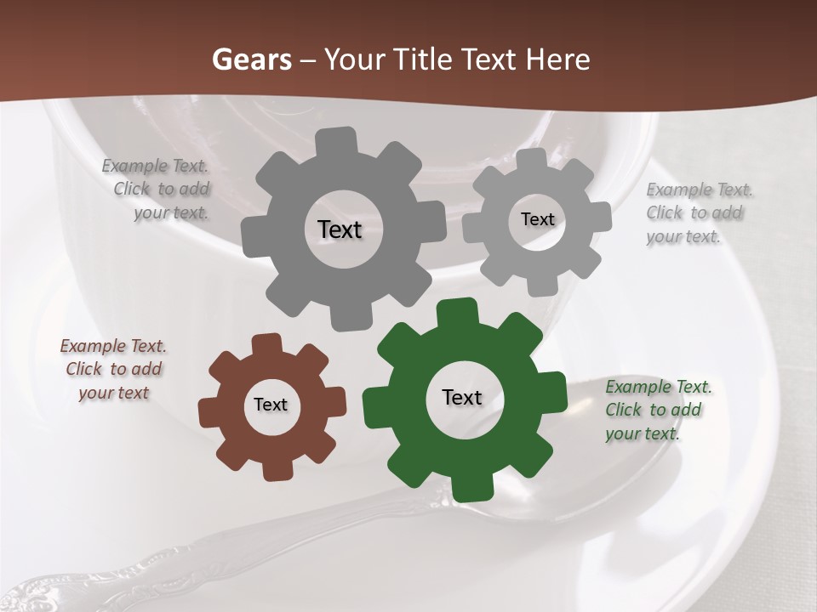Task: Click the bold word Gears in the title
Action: pos(251,59)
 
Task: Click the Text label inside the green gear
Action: pos(462,398)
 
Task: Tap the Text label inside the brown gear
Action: pos(271,405)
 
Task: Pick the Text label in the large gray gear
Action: pos(340,229)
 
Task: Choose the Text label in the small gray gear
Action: pos(537,219)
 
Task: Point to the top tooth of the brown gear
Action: pos(267,345)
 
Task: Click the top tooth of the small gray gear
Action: pos(532,160)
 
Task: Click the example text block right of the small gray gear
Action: pos(698,213)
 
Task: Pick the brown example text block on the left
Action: pos(113,370)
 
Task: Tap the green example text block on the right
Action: pos(657,411)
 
